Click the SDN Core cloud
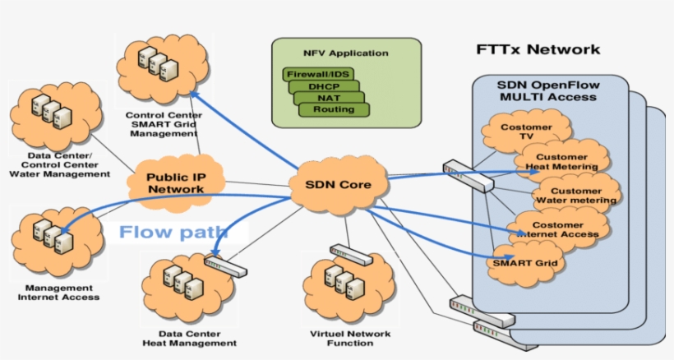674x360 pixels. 338,185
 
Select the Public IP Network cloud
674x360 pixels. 175,182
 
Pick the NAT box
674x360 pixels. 329,98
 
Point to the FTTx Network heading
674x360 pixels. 538,49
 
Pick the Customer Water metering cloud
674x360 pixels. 575,195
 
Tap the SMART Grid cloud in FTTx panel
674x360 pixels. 526,263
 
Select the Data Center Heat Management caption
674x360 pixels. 189,338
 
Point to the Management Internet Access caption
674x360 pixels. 58,292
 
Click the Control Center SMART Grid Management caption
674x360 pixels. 163,123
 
